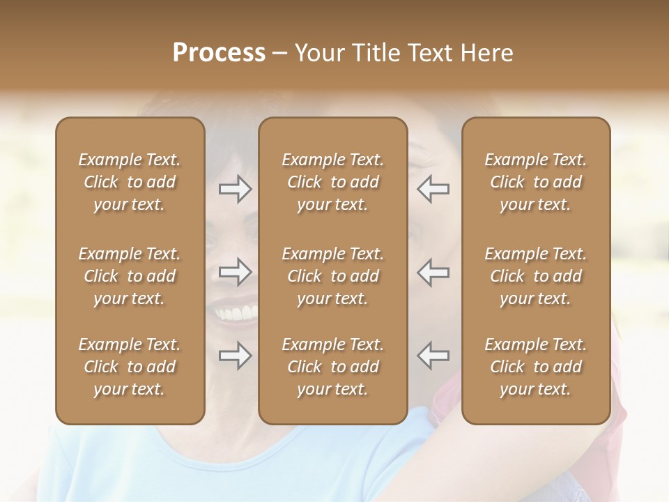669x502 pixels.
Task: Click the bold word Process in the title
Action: pos(219,53)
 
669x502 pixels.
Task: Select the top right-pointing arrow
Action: pos(235,188)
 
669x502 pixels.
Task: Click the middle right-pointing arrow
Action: pos(235,272)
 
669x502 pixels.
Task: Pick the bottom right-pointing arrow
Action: pos(235,356)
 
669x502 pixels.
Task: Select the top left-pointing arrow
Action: pos(433,188)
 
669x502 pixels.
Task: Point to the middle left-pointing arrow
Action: pos(433,272)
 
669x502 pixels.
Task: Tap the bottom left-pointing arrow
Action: pos(433,356)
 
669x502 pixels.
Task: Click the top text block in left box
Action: pos(130,182)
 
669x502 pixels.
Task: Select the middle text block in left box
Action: pos(130,276)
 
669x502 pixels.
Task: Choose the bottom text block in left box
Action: pos(130,367)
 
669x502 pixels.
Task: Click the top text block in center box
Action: pos(333,182)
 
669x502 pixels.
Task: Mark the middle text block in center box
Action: pos(333,276)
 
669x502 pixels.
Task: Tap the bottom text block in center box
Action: pos(333,367)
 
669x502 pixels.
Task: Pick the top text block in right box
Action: pos(536,182)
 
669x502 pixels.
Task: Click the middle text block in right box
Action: pos(536,276)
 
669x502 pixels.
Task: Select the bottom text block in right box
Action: pos(536,367)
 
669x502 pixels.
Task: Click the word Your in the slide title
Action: pos(321,53)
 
